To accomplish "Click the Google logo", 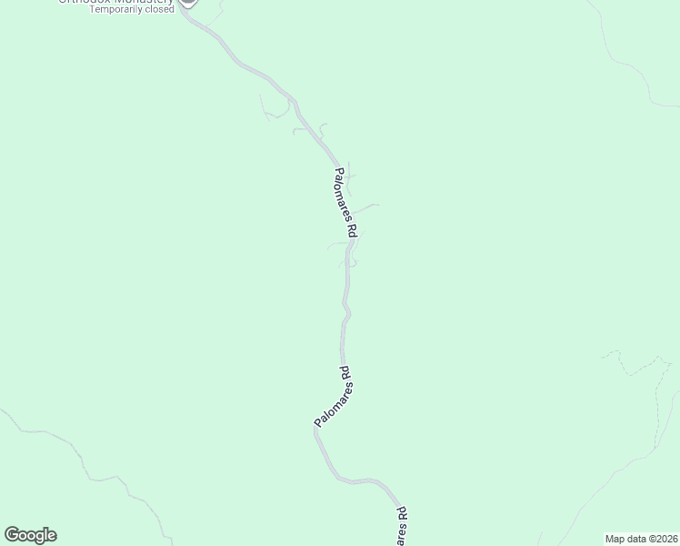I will (x=30, y=535).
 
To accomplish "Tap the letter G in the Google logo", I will (x=12, y=535).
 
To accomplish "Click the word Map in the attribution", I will (x=615, y=538).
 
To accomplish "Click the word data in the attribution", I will (x=637, y=538).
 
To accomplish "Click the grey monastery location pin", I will (x=187, y=2).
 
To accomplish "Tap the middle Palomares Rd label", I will (x=333, y=398).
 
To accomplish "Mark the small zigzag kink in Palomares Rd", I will (x=346, y=313).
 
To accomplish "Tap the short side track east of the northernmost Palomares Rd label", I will (x=368, y=207).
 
